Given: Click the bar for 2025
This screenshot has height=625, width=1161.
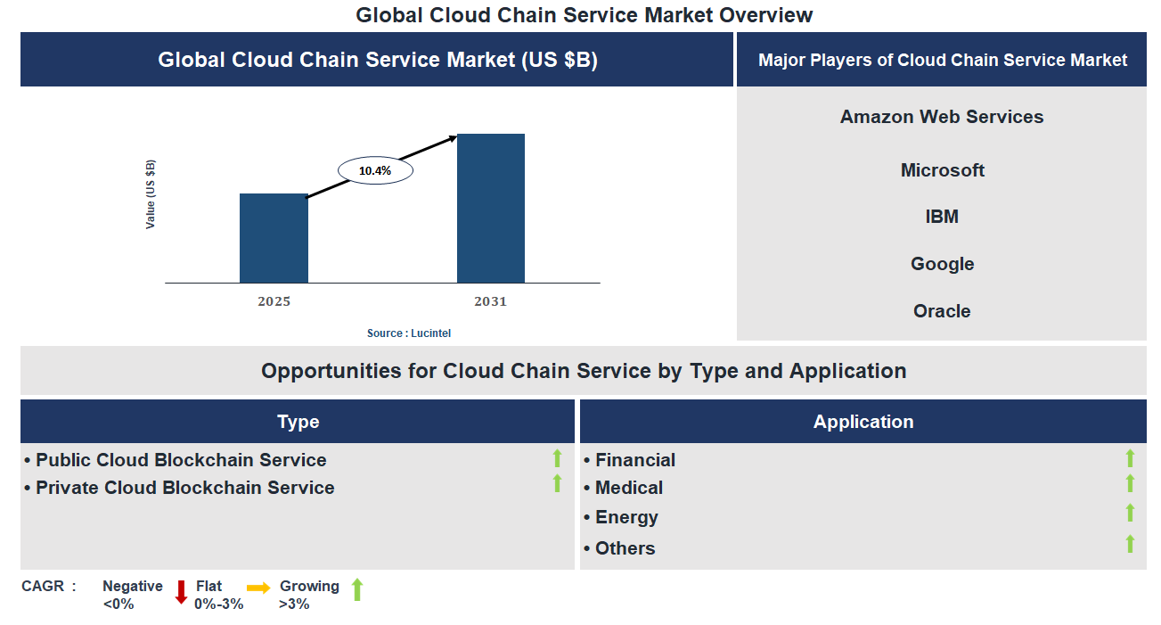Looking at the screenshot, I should [x=274, y=238].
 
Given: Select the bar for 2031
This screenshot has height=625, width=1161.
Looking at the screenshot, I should [x=490, y=209].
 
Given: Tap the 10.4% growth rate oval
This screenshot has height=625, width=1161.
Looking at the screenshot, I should [x=375, y=170].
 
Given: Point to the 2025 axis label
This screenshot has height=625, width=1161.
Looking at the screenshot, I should [x=274, y=301].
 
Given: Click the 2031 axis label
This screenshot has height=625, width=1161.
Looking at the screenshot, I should [x=490, y=301].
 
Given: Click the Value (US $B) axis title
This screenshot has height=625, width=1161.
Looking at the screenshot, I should [x=151, y=194].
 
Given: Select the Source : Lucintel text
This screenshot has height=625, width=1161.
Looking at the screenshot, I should [x=409, y=333].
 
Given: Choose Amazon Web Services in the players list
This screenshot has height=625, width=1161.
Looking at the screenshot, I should [x=942, y=117].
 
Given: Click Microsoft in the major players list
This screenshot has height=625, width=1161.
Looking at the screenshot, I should [x=942, y=170].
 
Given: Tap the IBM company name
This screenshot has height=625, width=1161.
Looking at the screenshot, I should [x=942, y=217].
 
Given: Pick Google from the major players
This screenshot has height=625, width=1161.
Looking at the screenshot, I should [x=942, y=264].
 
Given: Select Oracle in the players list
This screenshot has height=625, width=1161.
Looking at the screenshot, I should [x=942, y=311].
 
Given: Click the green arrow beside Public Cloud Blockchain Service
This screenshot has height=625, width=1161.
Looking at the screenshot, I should [x=557, y=458].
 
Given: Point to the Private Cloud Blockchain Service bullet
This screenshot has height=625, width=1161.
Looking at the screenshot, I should [x=184, y=488].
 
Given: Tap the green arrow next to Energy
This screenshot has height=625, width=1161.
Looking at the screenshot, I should [x=1130, y=513].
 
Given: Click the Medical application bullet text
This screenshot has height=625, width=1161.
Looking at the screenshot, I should [x=628, y=488].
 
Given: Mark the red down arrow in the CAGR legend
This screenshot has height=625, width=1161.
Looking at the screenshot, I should [x=181, y=592].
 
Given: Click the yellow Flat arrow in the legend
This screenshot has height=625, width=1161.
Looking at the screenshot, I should [x=258, y=588].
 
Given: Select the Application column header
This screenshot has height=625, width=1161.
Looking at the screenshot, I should [x=863, y=422].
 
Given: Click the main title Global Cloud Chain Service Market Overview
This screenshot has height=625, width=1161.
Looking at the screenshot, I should [x=584, y=15].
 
